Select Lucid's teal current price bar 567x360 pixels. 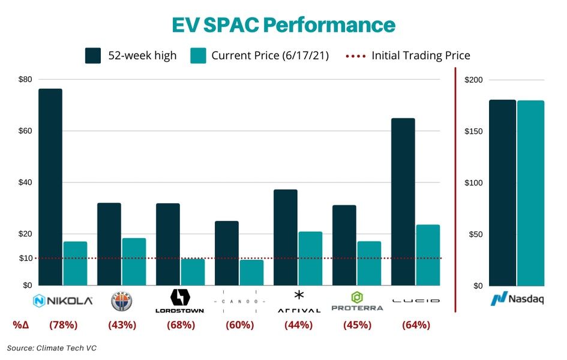click(x=427, y=255)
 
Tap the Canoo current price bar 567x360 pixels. click(x=251, y=272)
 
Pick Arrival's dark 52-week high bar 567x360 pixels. click(x=286, y=238)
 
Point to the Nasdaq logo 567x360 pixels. click(x=517, y=299)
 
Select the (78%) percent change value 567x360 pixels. click(x=64, y=325)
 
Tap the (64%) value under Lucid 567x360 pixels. click(x=416, y=325)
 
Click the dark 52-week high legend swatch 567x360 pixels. click(x=93, y=56)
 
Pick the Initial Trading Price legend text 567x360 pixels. click(x=421, y=56)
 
